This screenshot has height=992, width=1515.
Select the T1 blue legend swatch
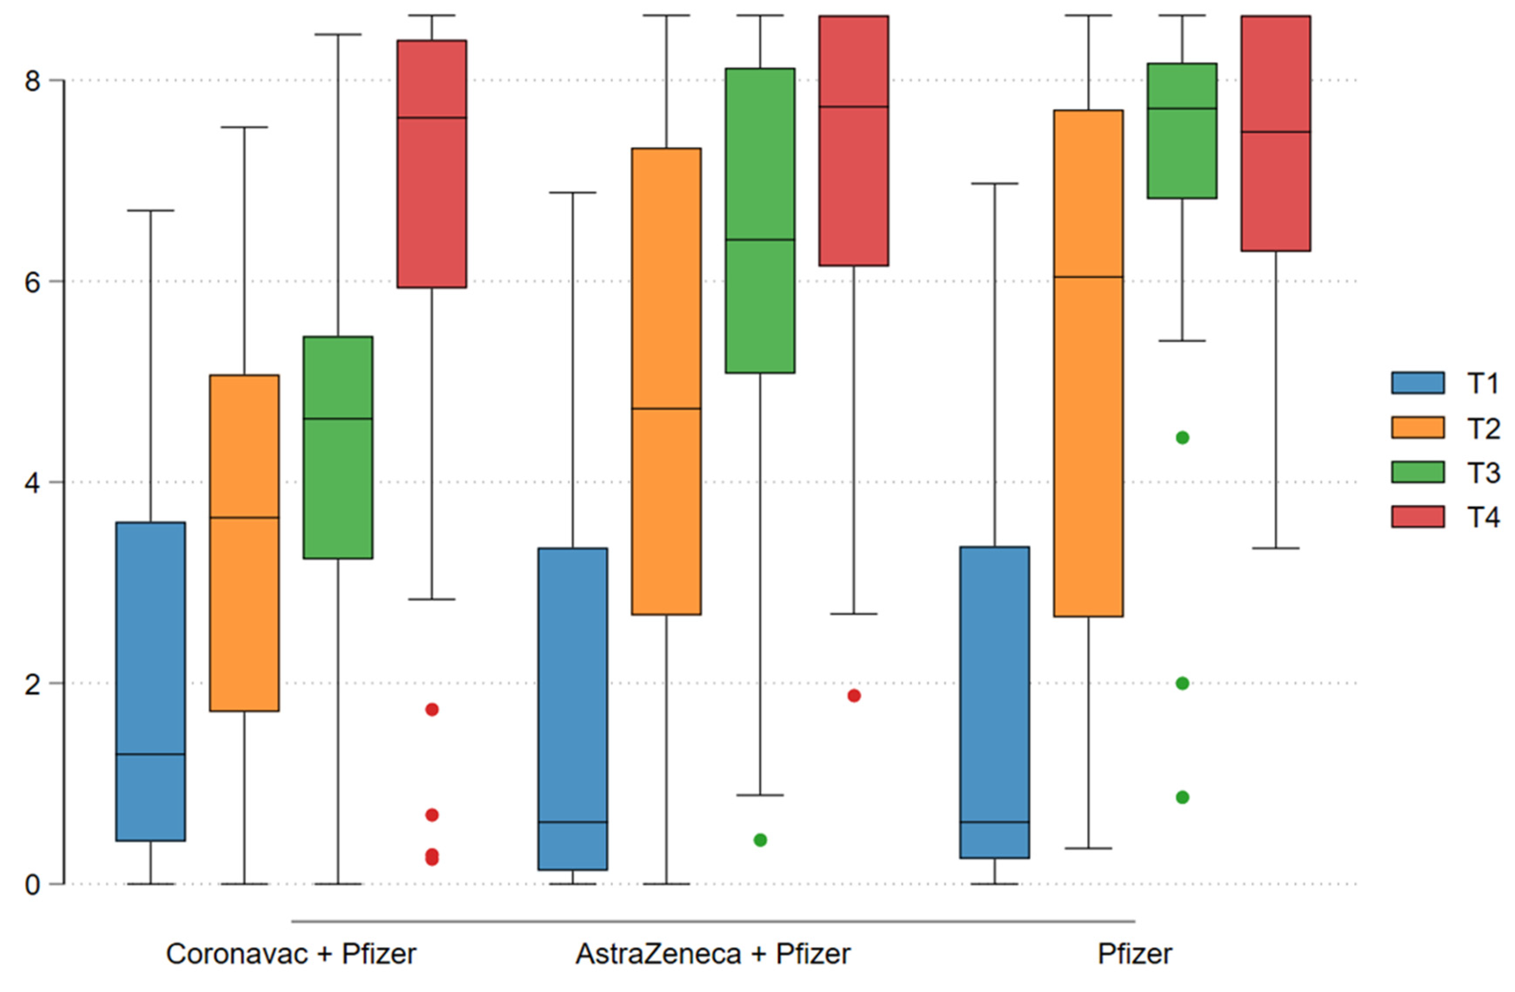[x=1417, y=383]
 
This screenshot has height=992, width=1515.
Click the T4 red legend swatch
[x=1417, y=517]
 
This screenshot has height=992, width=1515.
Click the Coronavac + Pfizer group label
[x=291, y=954]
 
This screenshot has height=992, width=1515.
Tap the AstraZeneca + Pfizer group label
[x=713, y=954]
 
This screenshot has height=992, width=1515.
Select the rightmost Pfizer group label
[x=1135, y=954]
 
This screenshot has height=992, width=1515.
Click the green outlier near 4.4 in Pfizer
[x=1182, y=438]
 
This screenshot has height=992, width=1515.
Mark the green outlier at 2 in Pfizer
[x=1182, y=683]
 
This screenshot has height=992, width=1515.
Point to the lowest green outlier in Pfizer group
[x=1182, y=797]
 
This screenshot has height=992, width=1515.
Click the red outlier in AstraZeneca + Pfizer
[x=854, y=695]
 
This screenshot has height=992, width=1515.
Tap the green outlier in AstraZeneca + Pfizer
[x=760, y=840]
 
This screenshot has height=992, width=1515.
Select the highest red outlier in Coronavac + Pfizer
[x=432, y=710]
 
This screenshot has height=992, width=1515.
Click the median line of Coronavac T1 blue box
[x=151, y=754]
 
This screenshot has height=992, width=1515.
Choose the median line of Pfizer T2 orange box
[x=1088, y=277]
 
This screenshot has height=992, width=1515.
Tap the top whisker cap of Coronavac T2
[x=245, y=127]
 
